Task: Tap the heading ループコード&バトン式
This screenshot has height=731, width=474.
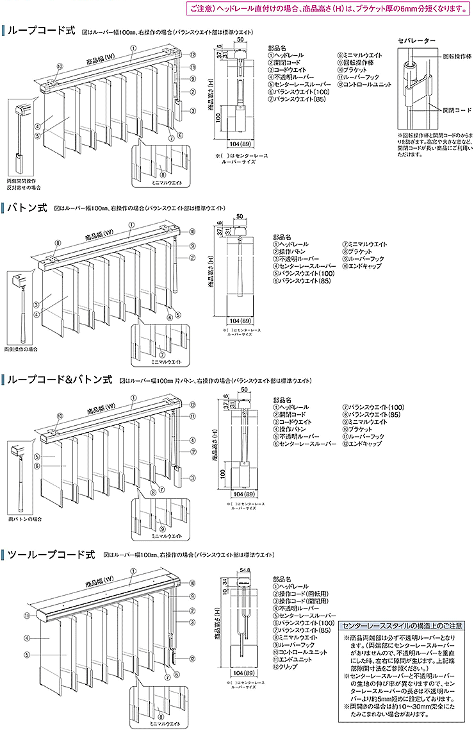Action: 61,380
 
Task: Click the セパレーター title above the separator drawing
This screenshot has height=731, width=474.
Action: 416,41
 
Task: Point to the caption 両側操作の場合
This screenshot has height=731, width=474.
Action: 21,349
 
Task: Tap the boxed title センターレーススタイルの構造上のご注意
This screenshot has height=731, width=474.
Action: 403,624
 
